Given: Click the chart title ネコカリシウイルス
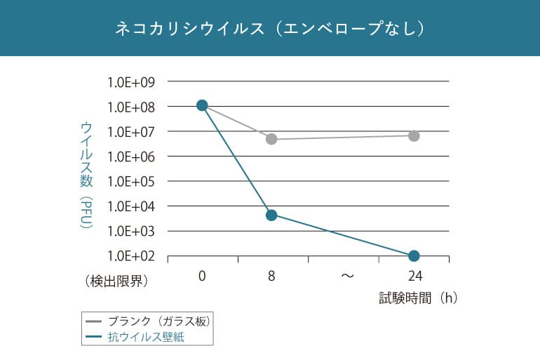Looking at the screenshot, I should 270,29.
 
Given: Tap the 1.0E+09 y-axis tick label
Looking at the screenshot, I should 130,82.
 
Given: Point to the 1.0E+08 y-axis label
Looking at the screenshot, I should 130,107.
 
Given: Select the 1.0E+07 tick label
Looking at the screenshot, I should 130,132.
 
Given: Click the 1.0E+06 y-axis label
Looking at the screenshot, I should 130,156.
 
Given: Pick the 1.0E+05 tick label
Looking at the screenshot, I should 130,182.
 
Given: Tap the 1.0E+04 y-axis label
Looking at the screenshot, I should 130,206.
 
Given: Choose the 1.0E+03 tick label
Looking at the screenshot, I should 130,231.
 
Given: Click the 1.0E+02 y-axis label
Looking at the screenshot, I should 130,256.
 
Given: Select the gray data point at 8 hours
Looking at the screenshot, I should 271,139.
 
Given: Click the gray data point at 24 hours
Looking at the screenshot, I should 414,135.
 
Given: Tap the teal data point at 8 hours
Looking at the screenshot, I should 271,215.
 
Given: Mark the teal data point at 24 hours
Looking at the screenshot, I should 414,255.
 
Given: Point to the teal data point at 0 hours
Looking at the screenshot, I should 202,105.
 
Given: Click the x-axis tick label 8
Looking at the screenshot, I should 271,276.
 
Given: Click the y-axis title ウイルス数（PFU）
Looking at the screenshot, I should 86,175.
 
